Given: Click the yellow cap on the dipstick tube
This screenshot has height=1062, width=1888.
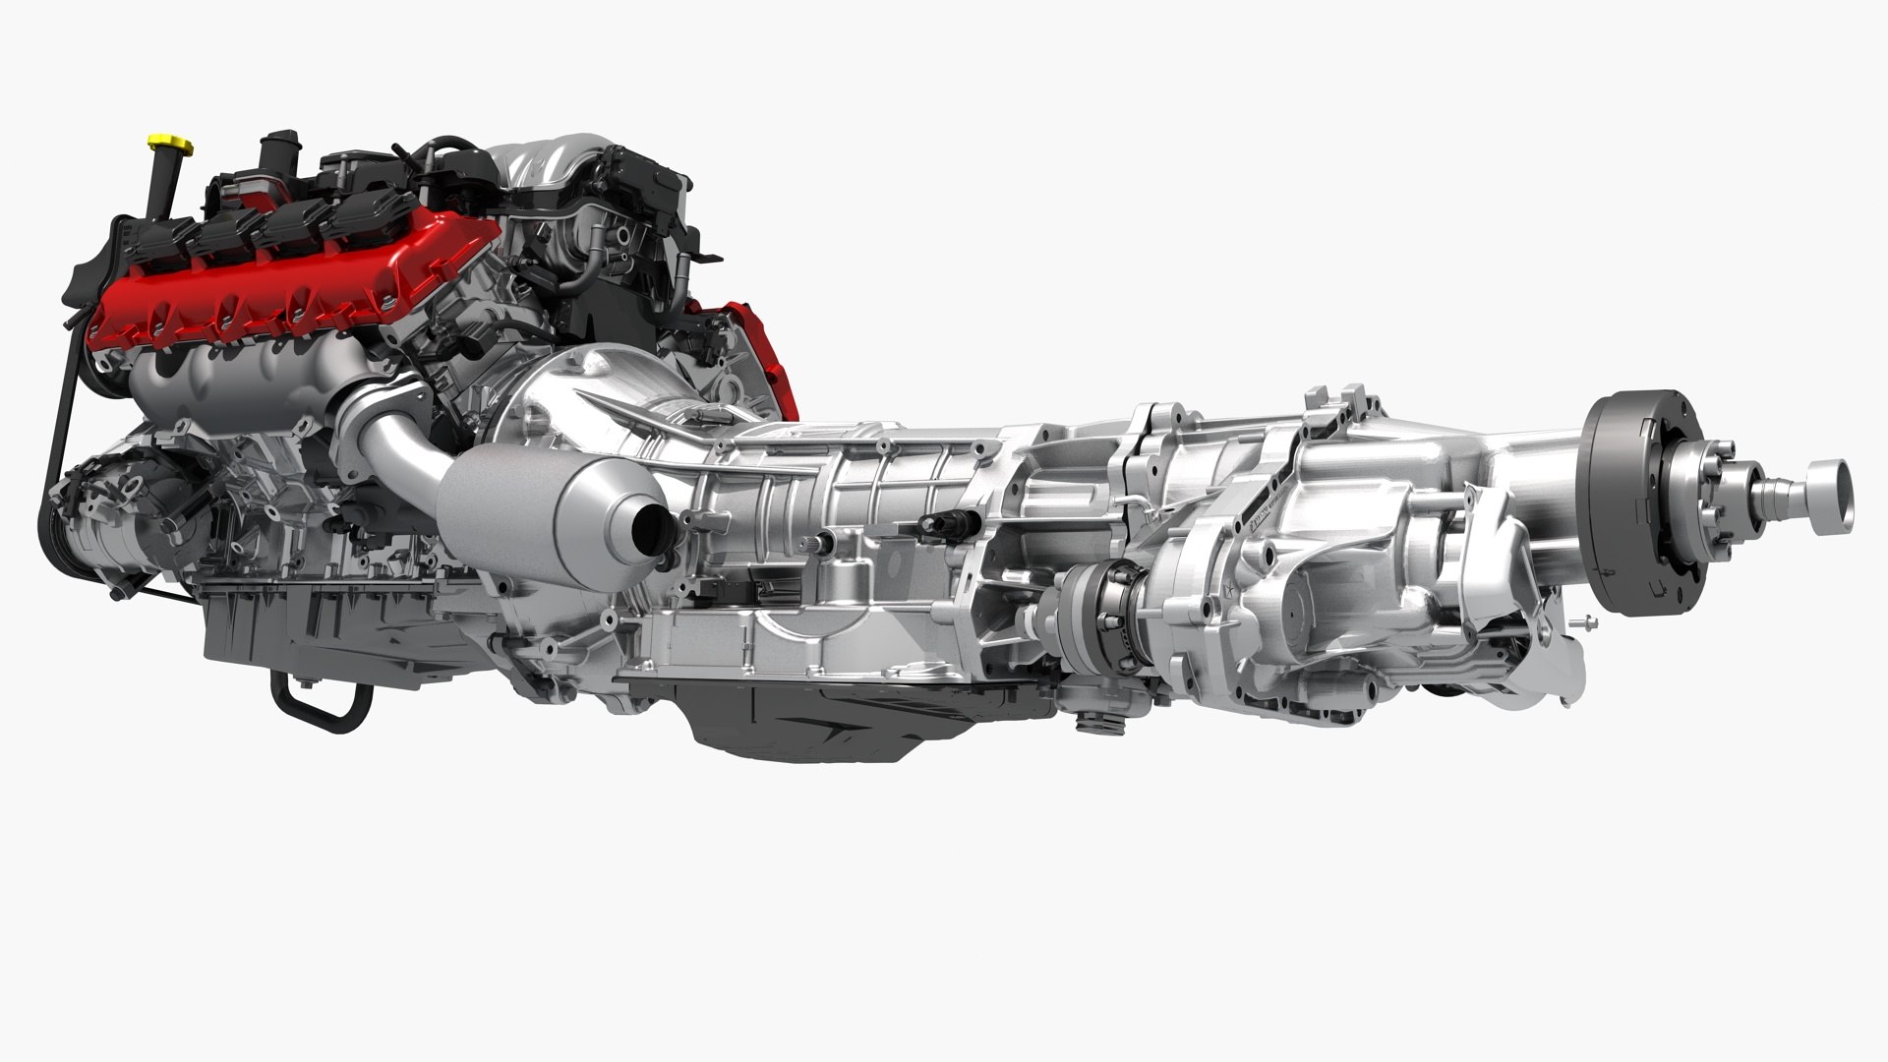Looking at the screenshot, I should coord(170,146).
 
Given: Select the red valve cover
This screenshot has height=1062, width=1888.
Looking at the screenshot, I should coord(295,285).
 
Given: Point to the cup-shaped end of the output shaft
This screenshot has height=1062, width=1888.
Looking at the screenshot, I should coord(1828,492).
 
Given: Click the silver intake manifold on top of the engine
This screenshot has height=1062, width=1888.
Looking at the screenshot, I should coord(551,167).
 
